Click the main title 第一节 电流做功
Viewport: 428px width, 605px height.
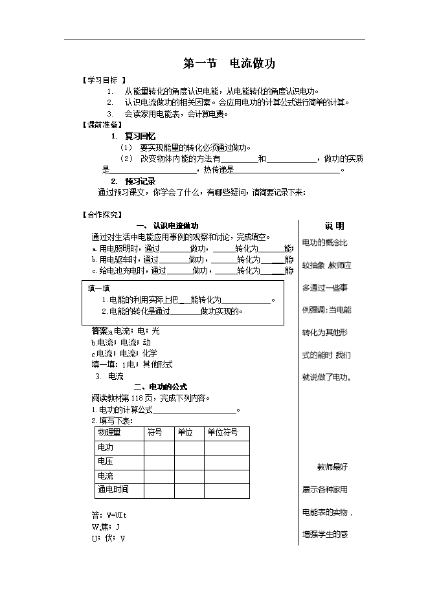[230, 63]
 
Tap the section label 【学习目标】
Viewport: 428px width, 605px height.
[104, 81]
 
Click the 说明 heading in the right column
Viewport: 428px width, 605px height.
[334, 226]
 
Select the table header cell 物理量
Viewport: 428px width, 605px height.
[109, 432]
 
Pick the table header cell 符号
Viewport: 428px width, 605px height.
[155, 432]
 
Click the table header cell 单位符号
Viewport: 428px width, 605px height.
[222, 432]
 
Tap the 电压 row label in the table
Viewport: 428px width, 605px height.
[105, 461]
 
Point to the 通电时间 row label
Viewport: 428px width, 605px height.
[113, 490]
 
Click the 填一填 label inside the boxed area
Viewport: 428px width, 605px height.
[99, 289]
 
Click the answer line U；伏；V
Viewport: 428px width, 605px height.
[108, 538]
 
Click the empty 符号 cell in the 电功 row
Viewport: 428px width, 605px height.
[159, 447]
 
